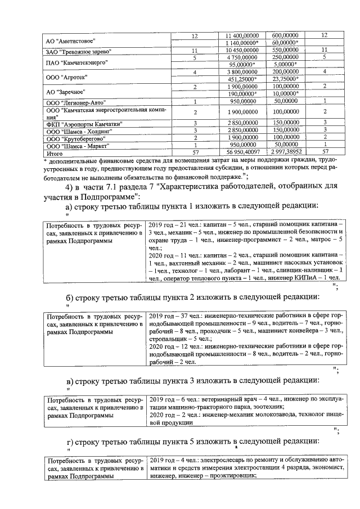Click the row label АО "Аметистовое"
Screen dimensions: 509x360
click(70, 42)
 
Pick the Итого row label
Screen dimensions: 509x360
click(55, 152)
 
